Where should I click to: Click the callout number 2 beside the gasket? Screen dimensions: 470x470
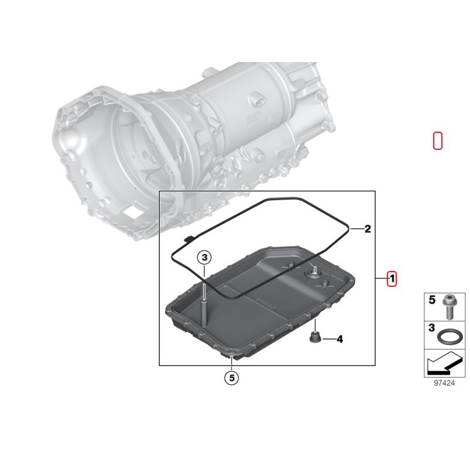tap(368, 229)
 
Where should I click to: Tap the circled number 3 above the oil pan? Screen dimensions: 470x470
tap(203, 257)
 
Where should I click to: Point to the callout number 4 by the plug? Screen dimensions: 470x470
tap(339, 339)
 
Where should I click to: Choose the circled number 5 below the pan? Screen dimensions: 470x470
tap(232, 379)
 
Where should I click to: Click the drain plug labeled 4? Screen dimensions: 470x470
tap(314, 338)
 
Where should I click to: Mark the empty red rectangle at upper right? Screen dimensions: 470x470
tap(437, 140)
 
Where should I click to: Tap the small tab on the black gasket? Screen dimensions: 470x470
tap(188, 238)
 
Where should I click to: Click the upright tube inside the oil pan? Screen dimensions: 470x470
tap(204, 307)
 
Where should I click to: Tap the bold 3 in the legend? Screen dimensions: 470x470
tap(432, 330)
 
